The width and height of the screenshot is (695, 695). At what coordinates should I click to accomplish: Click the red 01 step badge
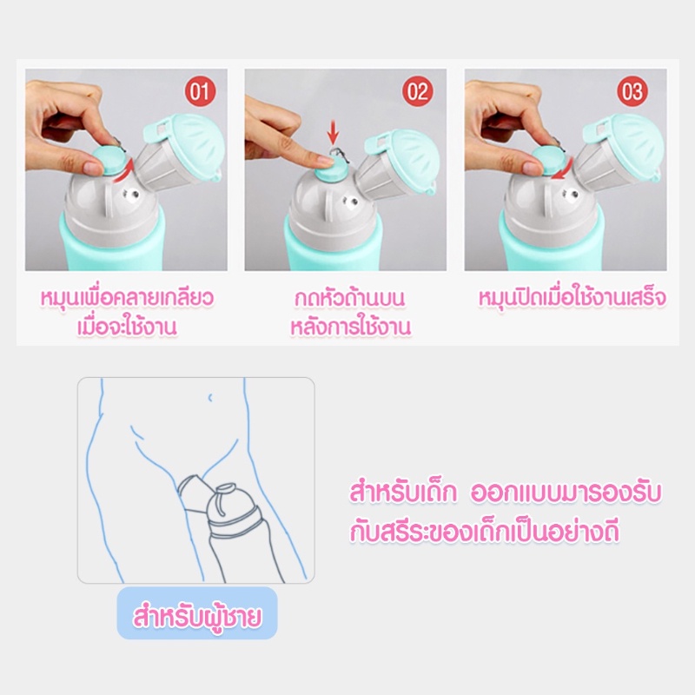click(200, 91)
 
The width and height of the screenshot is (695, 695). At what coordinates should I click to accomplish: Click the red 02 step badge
click(418, 91)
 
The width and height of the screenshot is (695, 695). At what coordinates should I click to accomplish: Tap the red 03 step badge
click(632, 91)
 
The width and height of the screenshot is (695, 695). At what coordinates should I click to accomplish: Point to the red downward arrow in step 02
click(334, 131)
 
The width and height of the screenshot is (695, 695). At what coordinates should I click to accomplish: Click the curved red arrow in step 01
click(124, 172)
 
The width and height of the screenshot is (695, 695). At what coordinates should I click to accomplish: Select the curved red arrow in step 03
click(562, 171)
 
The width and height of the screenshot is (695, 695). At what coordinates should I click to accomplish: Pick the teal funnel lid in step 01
click(190, 142)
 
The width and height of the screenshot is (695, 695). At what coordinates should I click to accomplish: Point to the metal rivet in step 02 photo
click(353, 203)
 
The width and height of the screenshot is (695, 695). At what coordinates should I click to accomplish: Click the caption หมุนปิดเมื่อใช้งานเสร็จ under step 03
click(572, 298)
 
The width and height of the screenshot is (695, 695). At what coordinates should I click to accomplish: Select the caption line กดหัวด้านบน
click(350, 298)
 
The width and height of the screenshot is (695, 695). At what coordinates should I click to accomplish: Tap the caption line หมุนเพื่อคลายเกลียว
click(127, 298)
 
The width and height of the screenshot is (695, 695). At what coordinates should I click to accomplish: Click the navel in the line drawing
click(210, 398)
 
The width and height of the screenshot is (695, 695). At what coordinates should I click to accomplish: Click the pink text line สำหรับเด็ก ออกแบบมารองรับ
click(506, 493)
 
